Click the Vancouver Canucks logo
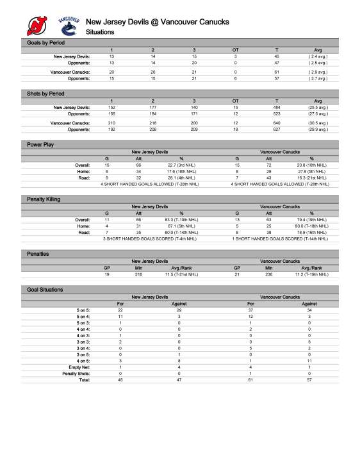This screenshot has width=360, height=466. (x=69, y=26)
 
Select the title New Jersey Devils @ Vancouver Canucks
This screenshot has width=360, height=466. (x=157, y=22)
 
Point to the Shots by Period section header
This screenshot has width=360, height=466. (x=45, y=94)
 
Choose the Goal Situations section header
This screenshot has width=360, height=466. (x=45, y=290)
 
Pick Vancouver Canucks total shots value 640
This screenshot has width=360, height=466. (x=277, y=122)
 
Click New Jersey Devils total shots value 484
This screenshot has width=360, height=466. (x=277, y=107)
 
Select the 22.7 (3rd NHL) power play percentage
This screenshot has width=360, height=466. (x=181, y=165)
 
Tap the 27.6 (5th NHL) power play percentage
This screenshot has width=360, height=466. (x=311, y=171)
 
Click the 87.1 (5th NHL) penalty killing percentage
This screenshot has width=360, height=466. (x=181, y=226)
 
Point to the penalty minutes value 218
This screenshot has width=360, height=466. (x=140, y=274)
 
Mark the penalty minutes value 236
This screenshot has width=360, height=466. (x=270, y=274)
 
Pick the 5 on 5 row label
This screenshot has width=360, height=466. (x=83, y=310)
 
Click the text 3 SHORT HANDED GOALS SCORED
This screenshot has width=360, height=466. (x=150, y=238)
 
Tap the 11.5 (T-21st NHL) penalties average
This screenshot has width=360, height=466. (x=181, y=274)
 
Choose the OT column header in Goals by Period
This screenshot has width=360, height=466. (x=235, y=49)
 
